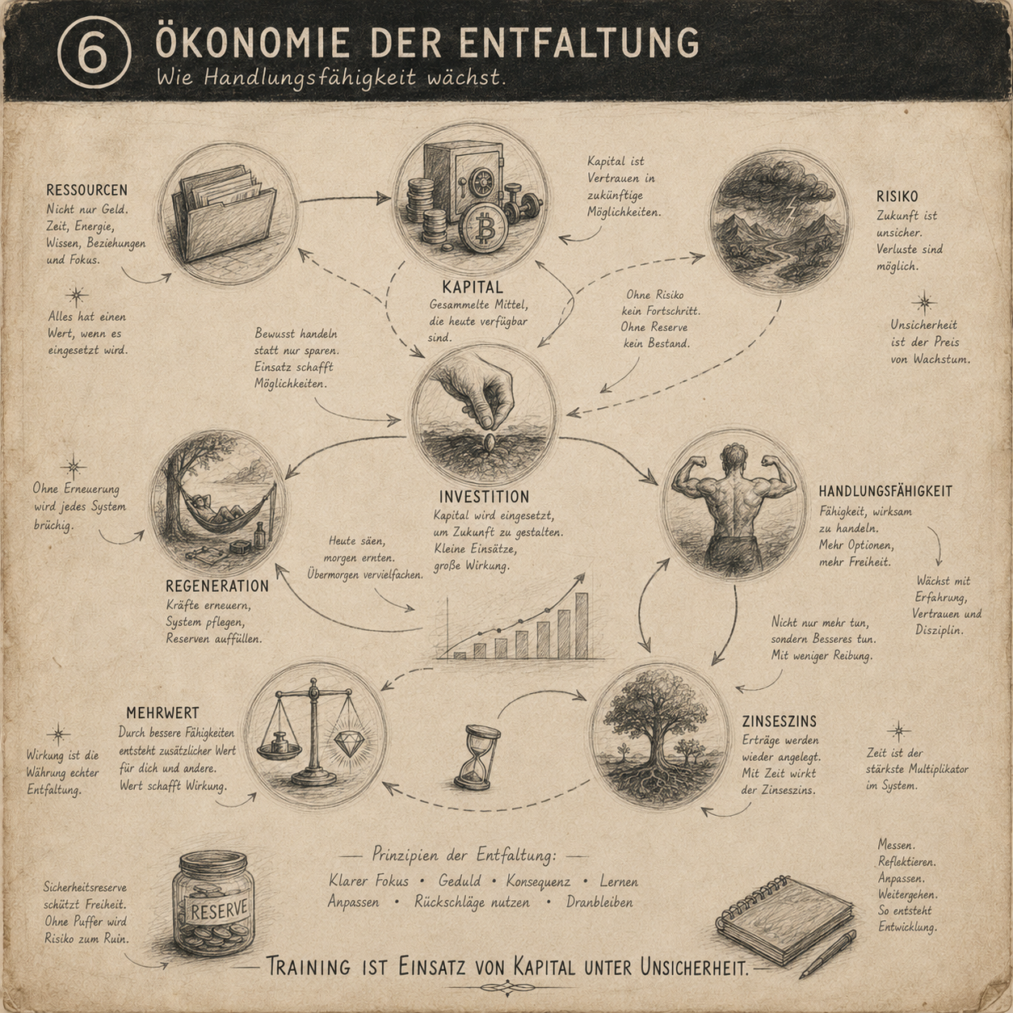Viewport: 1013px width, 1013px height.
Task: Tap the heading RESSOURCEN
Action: [86, 190]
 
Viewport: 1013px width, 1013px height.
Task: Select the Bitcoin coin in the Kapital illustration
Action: [482, 229]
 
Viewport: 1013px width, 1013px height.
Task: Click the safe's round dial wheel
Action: [480, 183]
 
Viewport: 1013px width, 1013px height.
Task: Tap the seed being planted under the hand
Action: [489, 442]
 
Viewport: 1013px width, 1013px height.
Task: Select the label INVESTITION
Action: [484, 496]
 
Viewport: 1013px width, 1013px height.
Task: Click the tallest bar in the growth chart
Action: [582, 625]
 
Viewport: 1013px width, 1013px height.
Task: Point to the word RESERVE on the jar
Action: [219, 910]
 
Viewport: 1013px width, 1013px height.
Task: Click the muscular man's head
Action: [733, 459]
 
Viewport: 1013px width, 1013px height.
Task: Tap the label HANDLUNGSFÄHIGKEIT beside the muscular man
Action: [885, 491]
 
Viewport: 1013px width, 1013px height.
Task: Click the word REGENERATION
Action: [217, 586]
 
